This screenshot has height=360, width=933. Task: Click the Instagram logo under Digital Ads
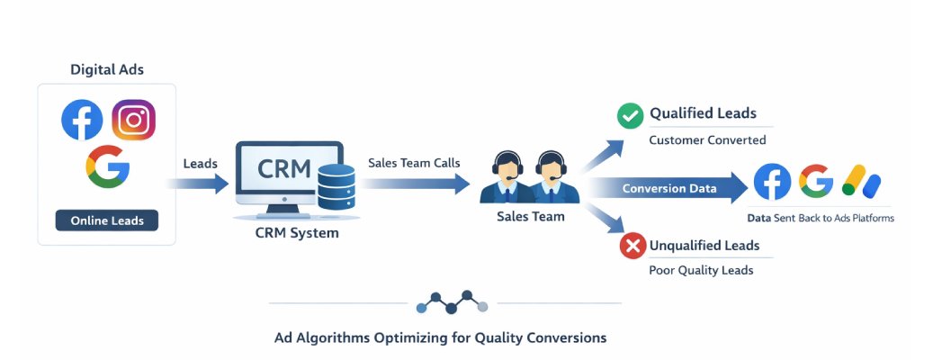coord(133,120)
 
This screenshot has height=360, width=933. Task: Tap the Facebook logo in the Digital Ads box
coord(82,120)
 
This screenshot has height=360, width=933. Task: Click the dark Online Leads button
coord(106,220)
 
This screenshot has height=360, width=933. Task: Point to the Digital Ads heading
coord(107,69)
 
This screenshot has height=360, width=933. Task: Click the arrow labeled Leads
coord(199,184)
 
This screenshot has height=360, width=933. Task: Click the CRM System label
coord(296,234)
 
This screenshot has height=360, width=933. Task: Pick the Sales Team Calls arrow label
coord(414,163)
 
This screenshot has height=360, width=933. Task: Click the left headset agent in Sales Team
coord(507,176)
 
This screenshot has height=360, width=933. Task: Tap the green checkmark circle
coord(629,116)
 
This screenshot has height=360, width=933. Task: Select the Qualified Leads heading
coord(703,113)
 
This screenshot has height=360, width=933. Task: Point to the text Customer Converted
coord(707,140)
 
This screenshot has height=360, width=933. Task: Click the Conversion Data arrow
coord(670,189)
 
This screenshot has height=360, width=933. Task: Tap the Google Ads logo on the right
coord(861,182)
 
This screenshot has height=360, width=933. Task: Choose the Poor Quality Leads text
coord(701,271)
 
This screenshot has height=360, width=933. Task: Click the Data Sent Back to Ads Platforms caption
coord(821,218)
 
